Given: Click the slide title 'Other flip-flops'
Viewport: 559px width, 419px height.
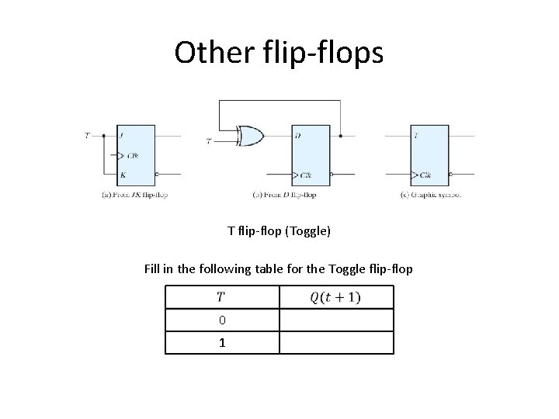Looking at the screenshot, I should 279,53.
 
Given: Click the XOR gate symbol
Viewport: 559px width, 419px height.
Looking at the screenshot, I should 251,137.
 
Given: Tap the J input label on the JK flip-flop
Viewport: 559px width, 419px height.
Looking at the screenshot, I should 122,136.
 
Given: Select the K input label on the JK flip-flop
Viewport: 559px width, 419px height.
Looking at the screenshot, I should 122,175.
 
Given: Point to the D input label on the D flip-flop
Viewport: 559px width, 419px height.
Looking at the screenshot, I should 298,136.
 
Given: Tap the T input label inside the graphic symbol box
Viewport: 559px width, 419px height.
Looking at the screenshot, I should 417,136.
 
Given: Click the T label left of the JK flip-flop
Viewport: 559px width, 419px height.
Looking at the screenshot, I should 87,136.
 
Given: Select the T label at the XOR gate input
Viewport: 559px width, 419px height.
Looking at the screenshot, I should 208,140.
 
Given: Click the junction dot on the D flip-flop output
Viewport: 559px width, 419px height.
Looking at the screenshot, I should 342,136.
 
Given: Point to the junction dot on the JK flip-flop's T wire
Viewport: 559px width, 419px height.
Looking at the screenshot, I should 104,136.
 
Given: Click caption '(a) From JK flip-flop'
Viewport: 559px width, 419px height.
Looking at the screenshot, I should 135,194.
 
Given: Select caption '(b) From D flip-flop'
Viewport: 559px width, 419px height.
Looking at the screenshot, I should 285,194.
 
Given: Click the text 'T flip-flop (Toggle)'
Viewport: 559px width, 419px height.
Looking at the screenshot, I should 279,230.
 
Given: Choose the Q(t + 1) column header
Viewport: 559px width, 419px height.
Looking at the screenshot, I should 336,297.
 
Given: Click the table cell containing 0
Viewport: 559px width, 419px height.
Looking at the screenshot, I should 222,320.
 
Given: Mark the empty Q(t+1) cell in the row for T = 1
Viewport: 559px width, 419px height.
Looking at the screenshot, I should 336,342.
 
